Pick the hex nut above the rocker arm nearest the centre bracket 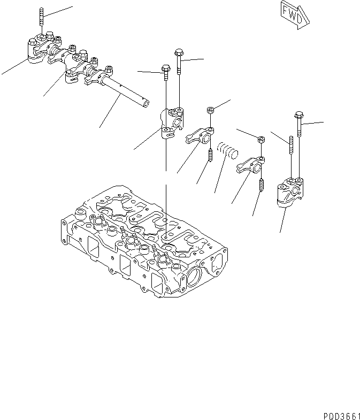(x=211, y=111)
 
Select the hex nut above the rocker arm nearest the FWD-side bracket (x=261, y=140)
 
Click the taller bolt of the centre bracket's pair (x=179, y=59)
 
